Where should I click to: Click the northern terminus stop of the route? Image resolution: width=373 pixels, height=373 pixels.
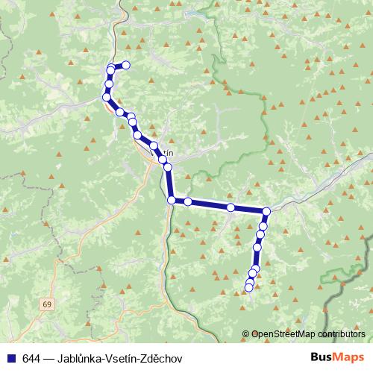pos(126,65)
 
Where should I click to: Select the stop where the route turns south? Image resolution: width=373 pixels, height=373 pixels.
pos(266,212)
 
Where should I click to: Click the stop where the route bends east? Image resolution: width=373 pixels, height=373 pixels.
pos(172,200)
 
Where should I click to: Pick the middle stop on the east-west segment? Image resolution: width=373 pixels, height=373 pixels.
pos(231,207)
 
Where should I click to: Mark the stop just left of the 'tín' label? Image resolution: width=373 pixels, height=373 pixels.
pos(154,146)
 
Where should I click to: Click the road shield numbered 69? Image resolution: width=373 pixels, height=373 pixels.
pos(48,304)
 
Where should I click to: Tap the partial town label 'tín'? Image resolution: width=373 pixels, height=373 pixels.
pos(168,153)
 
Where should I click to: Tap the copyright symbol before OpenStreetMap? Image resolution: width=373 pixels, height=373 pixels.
pos(246,334)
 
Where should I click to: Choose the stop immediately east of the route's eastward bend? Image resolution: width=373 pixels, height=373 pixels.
pos(188,201)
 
